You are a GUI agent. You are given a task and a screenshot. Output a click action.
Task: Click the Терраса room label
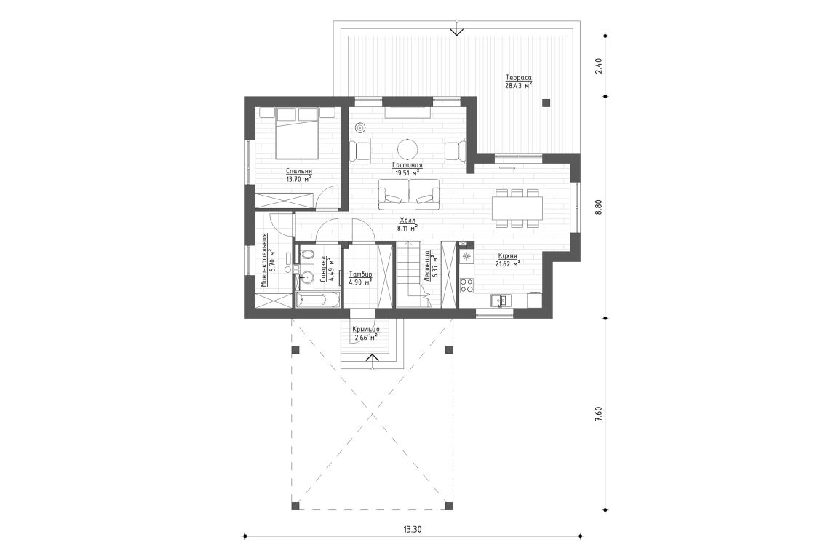coord(518,77)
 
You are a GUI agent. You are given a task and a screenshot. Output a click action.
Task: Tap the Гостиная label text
coord(408,165)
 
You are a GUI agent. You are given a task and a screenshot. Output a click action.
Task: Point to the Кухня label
coord(508,256)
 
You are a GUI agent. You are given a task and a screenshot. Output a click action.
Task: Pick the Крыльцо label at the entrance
coord(365,330)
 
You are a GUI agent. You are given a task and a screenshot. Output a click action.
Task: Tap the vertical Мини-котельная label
coord(266,262)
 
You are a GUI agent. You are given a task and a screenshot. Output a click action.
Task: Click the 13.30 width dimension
coord(411,528)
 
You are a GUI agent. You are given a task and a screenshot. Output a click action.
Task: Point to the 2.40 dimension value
coord(598,66)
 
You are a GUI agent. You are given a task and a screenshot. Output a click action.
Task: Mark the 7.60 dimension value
coord(598,413)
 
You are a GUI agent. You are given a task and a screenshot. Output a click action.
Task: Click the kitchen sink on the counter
coord(499,299)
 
